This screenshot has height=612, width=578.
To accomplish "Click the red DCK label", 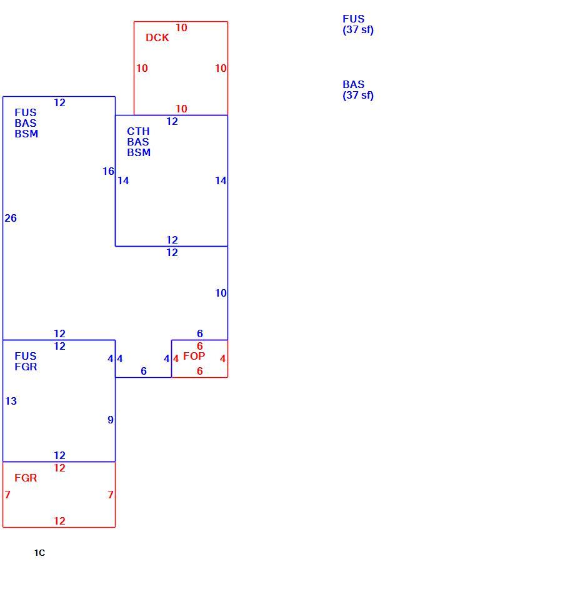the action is pos(157,37).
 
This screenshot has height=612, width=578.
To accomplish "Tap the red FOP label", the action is pos(194,356).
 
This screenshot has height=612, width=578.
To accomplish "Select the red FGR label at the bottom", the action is pos(26,478).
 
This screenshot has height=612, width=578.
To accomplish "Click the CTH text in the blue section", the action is pos(138,131).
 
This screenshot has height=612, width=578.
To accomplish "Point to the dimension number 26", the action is pos(11,218).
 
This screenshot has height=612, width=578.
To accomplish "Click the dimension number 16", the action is pos(109,171).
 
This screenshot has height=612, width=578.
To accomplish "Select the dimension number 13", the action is pos(11,401).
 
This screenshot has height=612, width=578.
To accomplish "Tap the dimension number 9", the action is pos(111,420).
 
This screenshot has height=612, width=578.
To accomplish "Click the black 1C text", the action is pos(39,553).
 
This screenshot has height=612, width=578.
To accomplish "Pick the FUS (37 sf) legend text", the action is pos(357,24).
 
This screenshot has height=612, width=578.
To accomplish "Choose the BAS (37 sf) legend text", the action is pos(357,90).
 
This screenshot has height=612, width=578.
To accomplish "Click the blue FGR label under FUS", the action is pos(26,367).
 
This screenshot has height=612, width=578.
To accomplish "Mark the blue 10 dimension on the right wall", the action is pos(221,293).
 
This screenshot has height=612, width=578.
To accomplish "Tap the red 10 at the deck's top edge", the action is pos(181,27).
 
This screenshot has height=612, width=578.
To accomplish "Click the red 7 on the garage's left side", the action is pos(7,495).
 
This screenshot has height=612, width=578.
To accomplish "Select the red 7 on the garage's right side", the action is pos(111,495).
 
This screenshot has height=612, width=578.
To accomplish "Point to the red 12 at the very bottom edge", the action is pos(59,521).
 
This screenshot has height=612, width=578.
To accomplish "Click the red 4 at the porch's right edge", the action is pos(222,358).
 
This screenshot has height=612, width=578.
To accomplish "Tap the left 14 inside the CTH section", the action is pos(123,180).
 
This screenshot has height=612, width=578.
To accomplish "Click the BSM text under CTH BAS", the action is pos(139,152).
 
